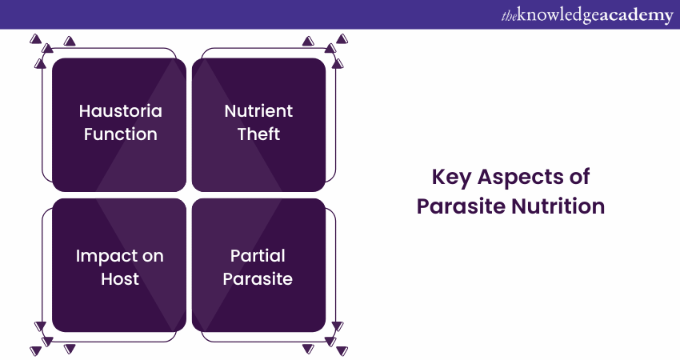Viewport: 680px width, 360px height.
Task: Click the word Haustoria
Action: tap(121, 111)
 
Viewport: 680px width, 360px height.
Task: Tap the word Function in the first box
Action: tap(121, 134)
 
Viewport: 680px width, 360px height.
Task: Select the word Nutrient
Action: tap(258, 111)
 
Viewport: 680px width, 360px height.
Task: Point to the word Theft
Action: tap(258, 134)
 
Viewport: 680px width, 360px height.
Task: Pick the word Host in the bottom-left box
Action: tap(120, 278)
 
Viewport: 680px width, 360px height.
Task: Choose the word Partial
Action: tap(258, 256)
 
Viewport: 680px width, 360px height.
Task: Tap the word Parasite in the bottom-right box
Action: tap(258, 278)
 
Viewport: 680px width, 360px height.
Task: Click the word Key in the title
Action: tap(451, 178)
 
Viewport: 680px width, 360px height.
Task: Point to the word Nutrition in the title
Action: tap(558, 206)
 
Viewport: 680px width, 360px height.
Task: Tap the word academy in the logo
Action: tap(636, 16)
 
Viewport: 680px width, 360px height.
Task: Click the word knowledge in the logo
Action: tap(558, 16)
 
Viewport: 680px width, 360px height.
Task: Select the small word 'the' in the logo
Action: tap(509, 17)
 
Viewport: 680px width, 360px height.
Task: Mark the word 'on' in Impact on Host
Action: tap(153, 256)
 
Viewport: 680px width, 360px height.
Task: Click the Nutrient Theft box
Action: tap(259, 125)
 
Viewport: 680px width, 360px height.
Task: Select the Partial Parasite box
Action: tap(259, 265)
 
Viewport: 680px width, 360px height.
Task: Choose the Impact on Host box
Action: tap(119, 265)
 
